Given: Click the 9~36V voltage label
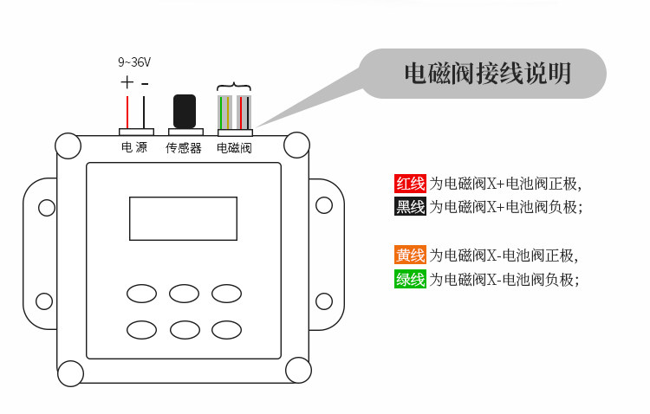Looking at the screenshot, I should pos(134,62).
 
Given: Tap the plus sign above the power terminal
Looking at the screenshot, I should pos(127,83).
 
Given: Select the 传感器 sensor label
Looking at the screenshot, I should pos(184,148).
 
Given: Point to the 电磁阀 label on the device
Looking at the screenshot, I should pos(234,148).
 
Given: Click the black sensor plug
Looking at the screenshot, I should pos(185,111).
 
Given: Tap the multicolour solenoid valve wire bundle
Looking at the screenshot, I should pos(234,111).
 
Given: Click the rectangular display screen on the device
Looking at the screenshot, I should pos(183,218).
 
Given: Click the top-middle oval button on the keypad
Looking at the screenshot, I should pos(184,293).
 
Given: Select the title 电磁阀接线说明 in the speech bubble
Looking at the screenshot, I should pos(488,74).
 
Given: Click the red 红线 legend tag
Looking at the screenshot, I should pos(410,184).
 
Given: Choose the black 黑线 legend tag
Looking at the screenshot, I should pos(410,207).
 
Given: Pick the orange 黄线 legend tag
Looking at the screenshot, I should pos(410,256).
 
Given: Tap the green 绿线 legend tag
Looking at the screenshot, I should pos(410,279).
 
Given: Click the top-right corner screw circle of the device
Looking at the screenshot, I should pos(296,144).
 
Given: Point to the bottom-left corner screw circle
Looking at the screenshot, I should pos(69,372).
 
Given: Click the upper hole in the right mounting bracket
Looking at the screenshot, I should pos(323,205).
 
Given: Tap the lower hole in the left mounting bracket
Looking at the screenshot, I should pos(44,301).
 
